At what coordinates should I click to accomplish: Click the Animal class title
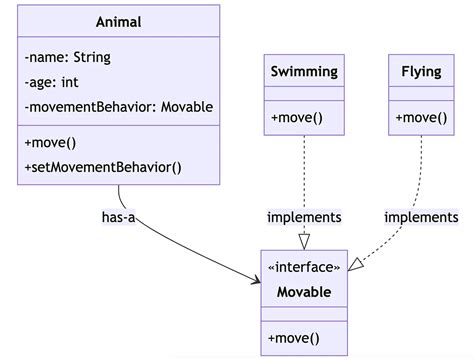point(118,22)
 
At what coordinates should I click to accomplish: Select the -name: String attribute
point(68,57)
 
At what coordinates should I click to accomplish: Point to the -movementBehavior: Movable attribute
point(117,106)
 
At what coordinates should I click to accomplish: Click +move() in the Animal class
point(50,143)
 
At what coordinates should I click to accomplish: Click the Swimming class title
point(304,71)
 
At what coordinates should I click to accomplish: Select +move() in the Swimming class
point(297,118)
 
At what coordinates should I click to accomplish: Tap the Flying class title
point(421,71)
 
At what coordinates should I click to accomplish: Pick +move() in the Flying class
point(421,118)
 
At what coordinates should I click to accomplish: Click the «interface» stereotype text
point(304,267)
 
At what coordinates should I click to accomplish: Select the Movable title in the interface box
point(304,292)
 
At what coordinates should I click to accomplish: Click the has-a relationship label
point(118,216)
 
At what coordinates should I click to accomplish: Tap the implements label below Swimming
point(304,216)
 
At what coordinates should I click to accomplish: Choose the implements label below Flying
point(421,216)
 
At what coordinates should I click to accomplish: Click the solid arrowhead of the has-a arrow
point(255,277)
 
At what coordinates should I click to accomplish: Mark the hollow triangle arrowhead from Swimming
point(304,241)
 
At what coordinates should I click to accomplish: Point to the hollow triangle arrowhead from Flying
point(356,264)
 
